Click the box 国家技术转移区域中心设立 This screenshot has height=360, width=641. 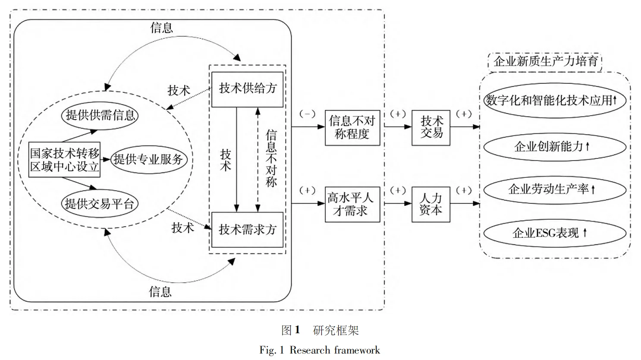coord(65,159)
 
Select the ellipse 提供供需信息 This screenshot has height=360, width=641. coord(100,115)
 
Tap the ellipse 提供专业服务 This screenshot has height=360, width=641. coord(148,159)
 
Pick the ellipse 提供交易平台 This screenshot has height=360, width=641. coord(99,203)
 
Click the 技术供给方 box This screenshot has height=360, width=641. coord(247,89)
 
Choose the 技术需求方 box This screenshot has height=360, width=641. coord(247,229)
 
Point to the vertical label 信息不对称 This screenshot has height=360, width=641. coord(271,158)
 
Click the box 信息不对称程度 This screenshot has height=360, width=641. coord(352,127)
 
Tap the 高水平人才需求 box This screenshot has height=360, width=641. coord(352,204)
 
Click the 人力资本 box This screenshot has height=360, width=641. coord(430,204)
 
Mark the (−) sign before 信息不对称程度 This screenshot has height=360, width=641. coord(307,114)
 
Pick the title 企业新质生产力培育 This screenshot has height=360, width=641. coord(545,61)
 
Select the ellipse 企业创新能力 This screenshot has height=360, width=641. coord(554,147)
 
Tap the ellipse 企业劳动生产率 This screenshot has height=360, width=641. coord(554,189)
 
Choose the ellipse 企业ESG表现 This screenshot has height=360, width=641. coord(554,233)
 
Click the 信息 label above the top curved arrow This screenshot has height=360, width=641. coord(161,28)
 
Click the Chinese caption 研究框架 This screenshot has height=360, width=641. coord(336,331)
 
